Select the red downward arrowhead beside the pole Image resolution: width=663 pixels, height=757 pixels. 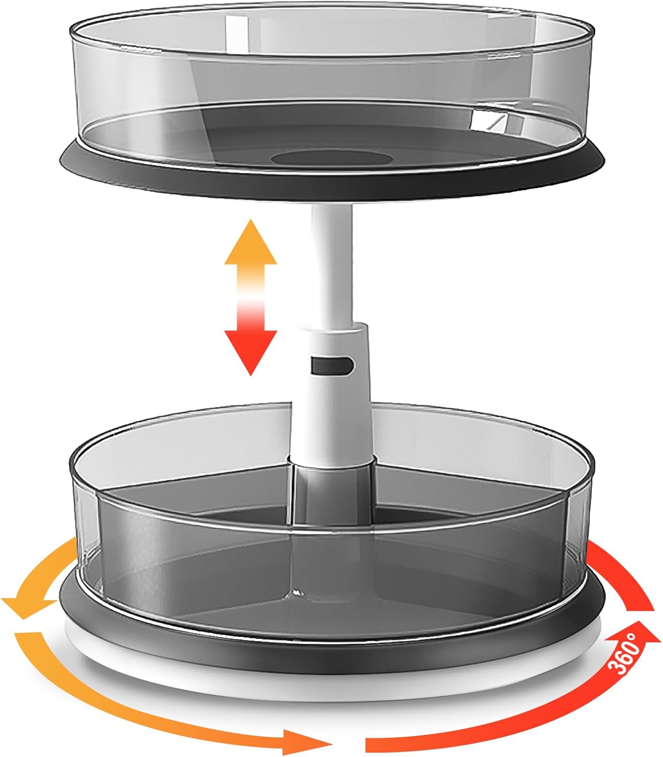[x=251, y=349]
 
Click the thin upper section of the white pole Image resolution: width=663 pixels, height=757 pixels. [x=331, y=262]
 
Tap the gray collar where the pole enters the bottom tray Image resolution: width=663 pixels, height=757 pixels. [x=331, y=479]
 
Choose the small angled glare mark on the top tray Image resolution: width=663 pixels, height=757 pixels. [x=487, y=121]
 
